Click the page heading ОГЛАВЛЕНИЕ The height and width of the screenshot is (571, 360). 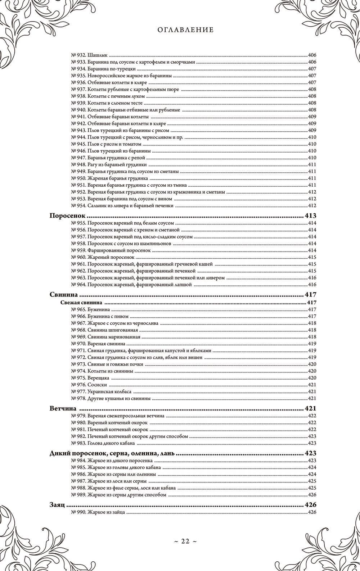[x=185, y=30]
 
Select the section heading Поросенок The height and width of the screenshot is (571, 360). [x=67, y=216]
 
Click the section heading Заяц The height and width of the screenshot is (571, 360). [x=57, y=505]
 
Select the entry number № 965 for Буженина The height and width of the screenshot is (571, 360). [x=78, y=309]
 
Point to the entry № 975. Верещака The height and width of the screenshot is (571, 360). [x=90, y=378]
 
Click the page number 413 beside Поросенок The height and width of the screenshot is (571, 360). [x=310, y=216]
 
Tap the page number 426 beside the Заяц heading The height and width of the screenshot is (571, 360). [x=310, y=505]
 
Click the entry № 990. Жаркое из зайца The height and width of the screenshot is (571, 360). [x=98, y=512]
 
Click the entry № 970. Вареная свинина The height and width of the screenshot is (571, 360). [x=98, y=344]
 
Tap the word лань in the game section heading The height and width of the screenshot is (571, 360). [x=166, y=453]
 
